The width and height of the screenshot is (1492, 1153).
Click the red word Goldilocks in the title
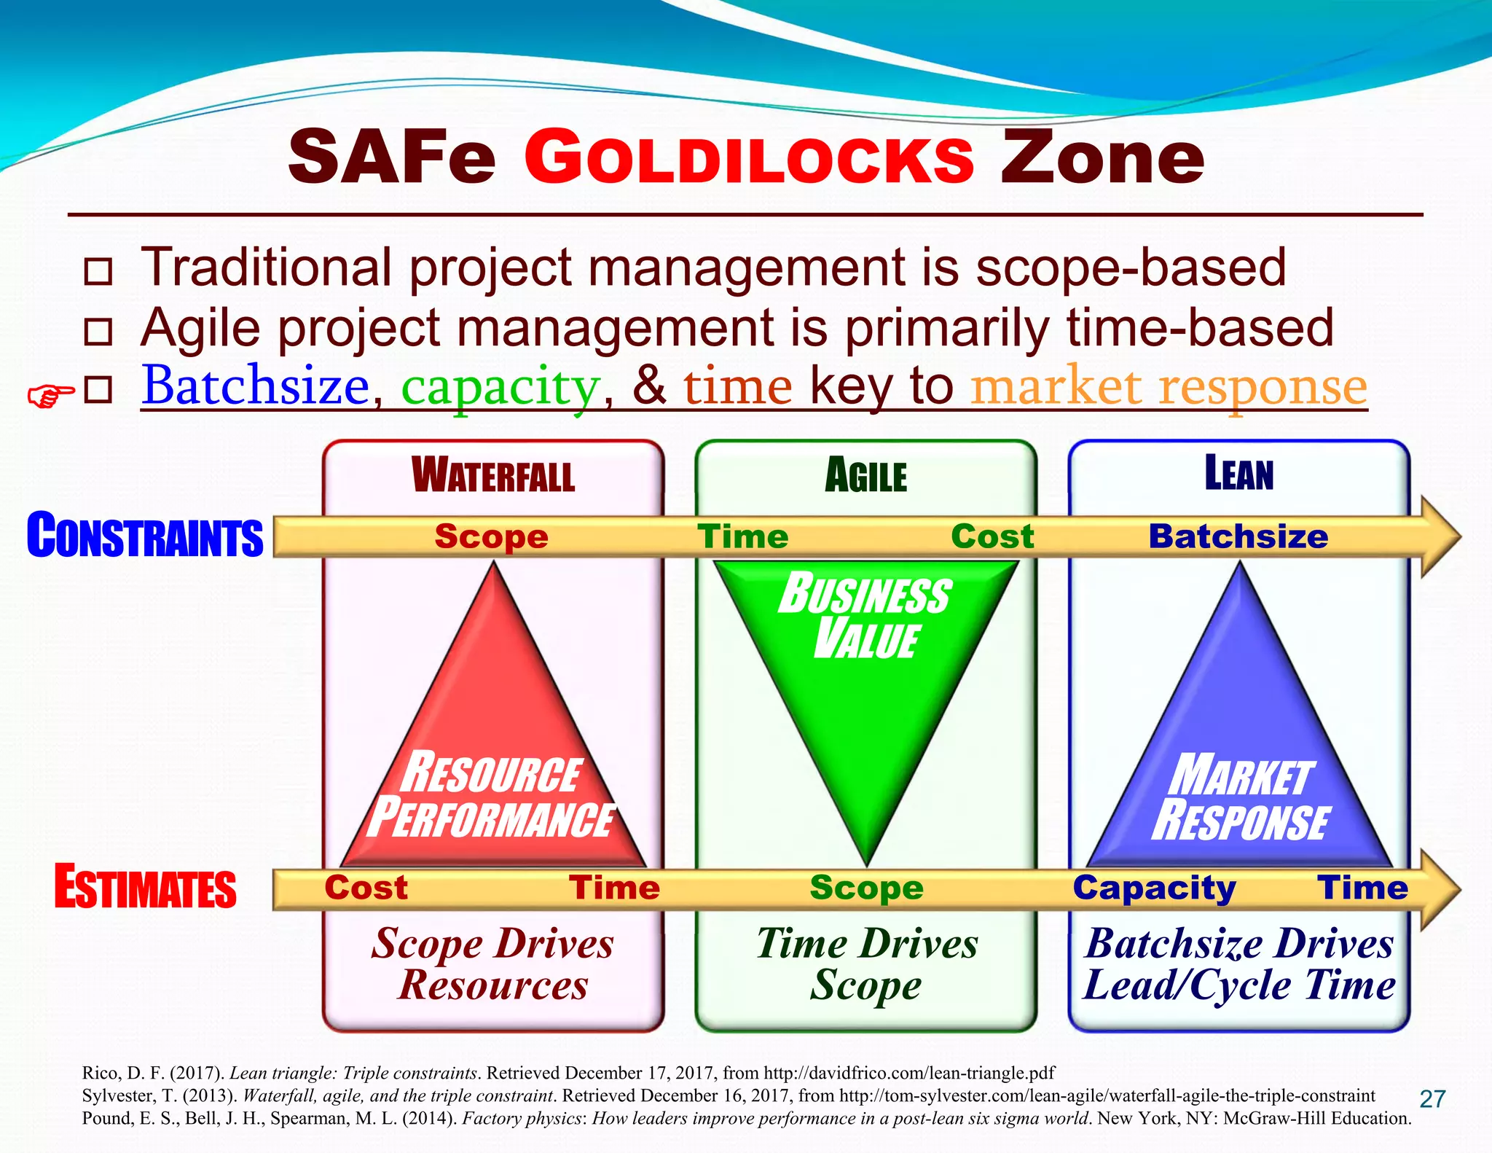coord(749,158)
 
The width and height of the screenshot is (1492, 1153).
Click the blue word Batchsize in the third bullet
coord(256,386)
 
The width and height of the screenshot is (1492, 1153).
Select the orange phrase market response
coord(1169,387)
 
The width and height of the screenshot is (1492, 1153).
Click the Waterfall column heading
coord(493,475)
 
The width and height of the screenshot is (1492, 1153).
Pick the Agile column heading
coord(865,476)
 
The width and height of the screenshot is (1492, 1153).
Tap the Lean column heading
coord(1238,473)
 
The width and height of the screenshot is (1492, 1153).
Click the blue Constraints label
coord(144,536)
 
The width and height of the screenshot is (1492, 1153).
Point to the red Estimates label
coord(145,887)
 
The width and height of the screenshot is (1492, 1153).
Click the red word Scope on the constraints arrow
coord(491,537)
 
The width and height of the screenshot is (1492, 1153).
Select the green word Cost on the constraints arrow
coord(992,537)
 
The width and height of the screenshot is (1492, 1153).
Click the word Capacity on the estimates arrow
coord(1154,888)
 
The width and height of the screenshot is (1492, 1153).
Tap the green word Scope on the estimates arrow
coord(866,888)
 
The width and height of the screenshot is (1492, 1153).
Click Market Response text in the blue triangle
coord(1241,799)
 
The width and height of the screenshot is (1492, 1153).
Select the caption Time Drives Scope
coord(866,964)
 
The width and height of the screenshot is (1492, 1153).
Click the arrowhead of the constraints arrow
coord(1440,537)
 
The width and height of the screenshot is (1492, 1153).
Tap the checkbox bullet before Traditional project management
coord(98,271)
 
